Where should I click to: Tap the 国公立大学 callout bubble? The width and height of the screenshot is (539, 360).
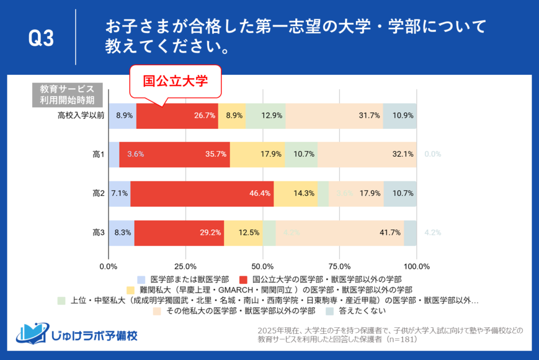(176, 82)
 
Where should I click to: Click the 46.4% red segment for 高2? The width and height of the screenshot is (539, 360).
(202, 194)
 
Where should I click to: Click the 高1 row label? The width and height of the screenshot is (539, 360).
(98, 155)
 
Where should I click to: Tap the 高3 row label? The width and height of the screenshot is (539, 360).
(98, 233)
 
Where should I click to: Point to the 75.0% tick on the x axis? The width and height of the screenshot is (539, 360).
(340, 266)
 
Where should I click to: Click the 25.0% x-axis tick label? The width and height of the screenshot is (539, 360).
(185, 266)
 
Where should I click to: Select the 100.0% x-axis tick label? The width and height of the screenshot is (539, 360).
(416, 266)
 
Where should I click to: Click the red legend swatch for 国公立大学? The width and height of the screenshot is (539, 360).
(243, 279)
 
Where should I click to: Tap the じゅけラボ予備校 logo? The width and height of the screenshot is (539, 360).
(76, 334)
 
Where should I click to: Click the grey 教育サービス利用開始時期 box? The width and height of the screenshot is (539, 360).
(63, 94)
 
